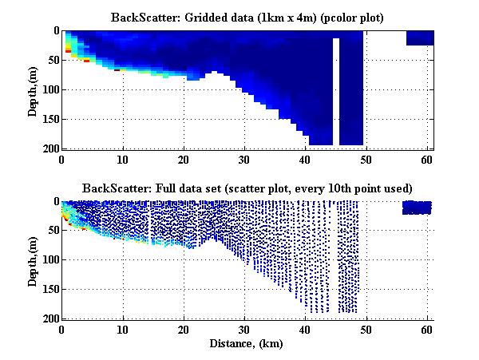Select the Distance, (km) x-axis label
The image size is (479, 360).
coord(247,343)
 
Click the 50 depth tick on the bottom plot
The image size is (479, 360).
coord(52,231)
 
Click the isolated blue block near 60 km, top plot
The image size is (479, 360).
coord(420,38)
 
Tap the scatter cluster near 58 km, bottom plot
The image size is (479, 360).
coord(417,208)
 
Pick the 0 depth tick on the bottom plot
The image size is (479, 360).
coord(55,202)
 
